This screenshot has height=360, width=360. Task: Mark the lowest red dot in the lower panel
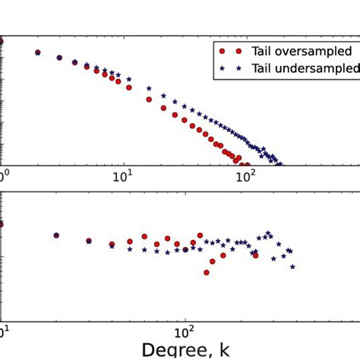coord(207,273)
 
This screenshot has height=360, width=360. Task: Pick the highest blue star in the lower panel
coord(268,233)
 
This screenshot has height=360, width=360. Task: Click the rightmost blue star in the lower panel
coord(293,267)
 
